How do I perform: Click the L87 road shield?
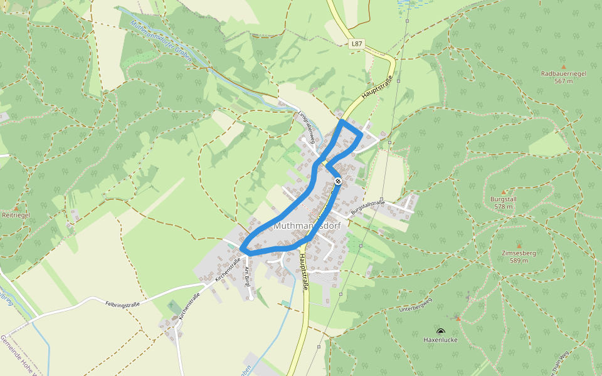pos(356,44)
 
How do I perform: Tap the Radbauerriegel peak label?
pos(563,73)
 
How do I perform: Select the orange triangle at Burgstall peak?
pos(504,192)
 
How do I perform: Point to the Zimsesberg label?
pos(519,253)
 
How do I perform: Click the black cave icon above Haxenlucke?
pos(440,331)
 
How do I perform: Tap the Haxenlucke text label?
pos(440,340)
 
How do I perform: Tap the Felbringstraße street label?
pos(122,303)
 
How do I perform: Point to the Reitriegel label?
pos(16,215)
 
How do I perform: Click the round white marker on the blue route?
pos(338,181)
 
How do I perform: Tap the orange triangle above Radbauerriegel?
pos(563,66)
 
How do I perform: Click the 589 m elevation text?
pos(519,261)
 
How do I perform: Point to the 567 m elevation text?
pos(563,81)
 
